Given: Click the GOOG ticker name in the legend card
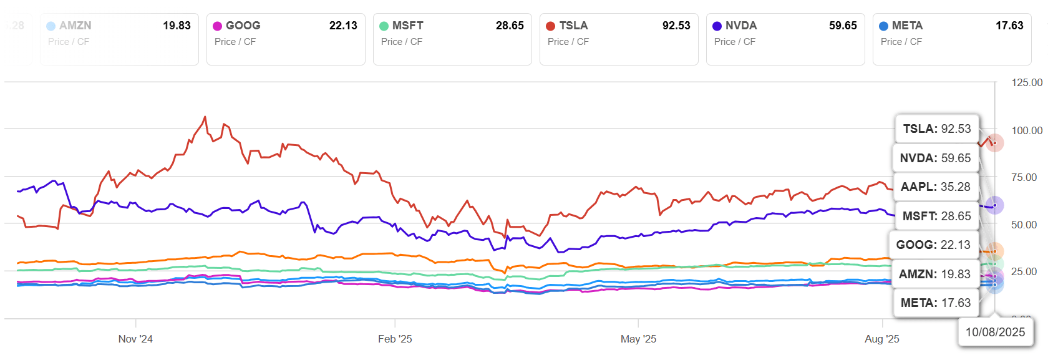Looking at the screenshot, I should (x=243, y=26).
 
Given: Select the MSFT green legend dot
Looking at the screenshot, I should (x=384, y=26).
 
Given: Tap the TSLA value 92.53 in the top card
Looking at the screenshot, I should (x=676, y=26).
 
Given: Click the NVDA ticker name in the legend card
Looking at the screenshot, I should (x=741, y=26).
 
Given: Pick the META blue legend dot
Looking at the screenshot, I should (x=883, y=26).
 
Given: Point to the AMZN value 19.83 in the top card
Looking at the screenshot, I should (x=177, y=26).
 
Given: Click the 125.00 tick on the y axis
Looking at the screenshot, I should (x=1027, y=82).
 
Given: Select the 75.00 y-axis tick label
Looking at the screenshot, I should (x=1024, y=177).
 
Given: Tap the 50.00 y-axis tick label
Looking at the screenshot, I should (x=1024, y=225).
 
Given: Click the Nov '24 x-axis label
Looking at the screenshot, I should (x=135, y=339).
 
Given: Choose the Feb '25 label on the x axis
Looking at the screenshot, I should (x=395, y=339).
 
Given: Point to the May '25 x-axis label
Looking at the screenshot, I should (x=638, y=339).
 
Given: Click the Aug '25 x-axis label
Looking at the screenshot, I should (x=881, y=339).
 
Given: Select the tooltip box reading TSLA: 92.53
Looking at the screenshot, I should (x=937, y=129).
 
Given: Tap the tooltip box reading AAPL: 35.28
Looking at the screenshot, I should (x=935, y=187).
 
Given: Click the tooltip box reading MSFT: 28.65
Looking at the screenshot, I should (x=936, y=216).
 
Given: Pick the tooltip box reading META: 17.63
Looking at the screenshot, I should (x=936, y=303).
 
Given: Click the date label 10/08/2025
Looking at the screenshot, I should (x=995, y=332).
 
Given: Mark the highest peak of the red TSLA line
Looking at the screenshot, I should (x=205, y=117).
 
